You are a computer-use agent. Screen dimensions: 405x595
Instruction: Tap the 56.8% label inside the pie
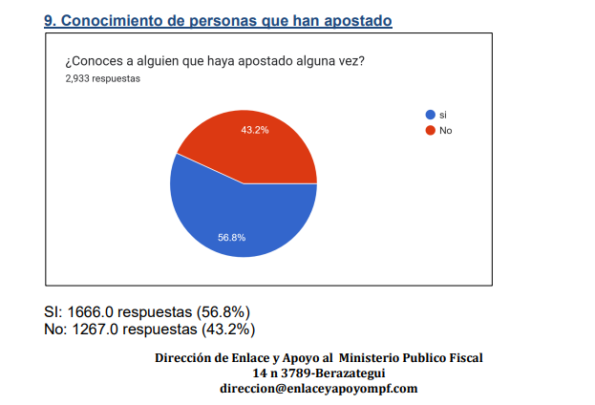[x=232, y=237]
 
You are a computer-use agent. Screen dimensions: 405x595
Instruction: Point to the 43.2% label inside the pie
[x=255, y=130]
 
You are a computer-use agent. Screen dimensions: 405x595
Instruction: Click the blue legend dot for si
[x=431, y=115]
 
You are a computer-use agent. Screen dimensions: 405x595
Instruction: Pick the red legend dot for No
[x=431, y=130]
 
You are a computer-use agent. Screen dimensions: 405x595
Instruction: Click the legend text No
[x=445, y=130]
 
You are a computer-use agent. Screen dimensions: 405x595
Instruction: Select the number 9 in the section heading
[x=50, y=20]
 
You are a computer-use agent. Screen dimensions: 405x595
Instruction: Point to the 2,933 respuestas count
[x=102, y=79]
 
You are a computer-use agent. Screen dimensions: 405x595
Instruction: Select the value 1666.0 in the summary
[x=95, y=311]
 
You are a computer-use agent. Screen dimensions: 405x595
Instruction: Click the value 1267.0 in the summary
[x=100, y=330]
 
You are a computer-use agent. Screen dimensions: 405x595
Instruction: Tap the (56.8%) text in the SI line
[x=223, y=311]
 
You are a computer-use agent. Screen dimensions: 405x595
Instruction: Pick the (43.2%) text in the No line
[x=228, y=330]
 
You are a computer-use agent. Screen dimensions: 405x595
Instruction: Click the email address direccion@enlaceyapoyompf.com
[x=319, y=389]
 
